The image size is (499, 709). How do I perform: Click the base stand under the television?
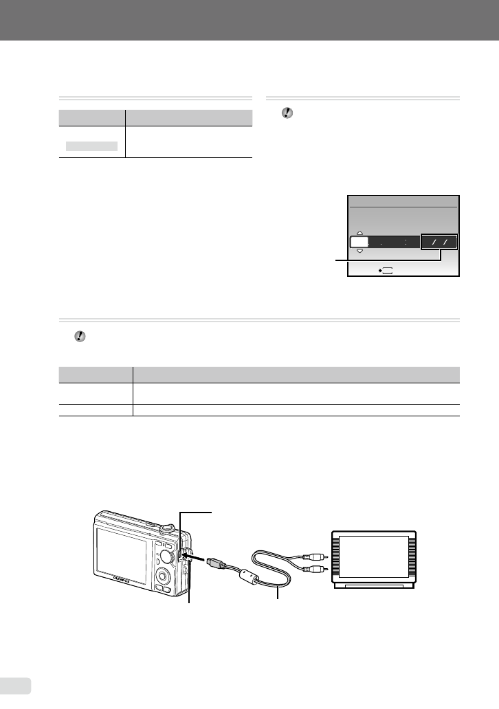coord(375,586)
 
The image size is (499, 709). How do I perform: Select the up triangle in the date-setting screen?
coord(359,233)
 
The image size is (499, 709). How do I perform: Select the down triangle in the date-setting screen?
coord(359,251)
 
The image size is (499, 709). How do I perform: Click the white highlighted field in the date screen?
coord(359,243)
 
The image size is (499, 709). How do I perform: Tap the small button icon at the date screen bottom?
coord(385,271)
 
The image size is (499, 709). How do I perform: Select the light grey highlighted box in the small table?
coord(92,146)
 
